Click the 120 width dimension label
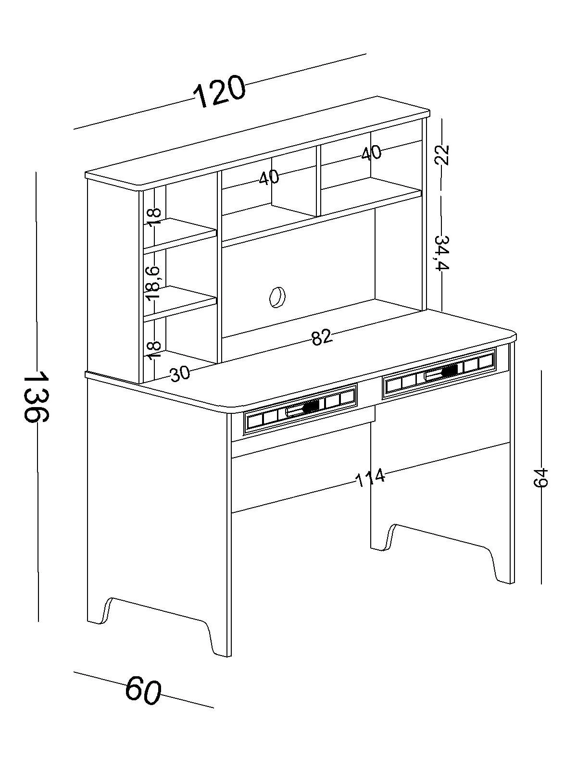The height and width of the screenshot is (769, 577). click(219, 91)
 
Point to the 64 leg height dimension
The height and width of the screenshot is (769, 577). click(540, 478)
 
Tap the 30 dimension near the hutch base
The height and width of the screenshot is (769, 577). click(180, 374)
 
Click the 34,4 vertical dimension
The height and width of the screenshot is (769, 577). click(442, 253)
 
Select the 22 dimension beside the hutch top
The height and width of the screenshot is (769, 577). click(442, 155)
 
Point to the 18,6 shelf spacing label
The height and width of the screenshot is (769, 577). click(153, 284)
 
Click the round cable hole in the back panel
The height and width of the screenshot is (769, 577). click(277, 297)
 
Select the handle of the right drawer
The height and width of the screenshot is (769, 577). click(441, 372)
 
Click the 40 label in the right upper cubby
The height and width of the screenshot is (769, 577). click(371, 153)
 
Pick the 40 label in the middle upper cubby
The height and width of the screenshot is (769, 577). click(269, 177)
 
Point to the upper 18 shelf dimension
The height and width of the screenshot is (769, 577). click(154, 218)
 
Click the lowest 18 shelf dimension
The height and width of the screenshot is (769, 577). click(154, 351)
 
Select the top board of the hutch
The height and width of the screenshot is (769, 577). click(258, 144)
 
